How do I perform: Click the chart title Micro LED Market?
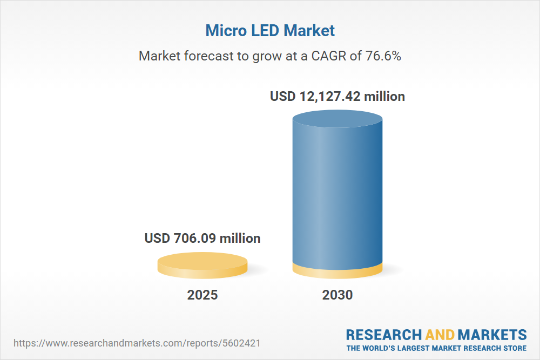click(270, 31)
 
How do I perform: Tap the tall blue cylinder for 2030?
click(337, 194)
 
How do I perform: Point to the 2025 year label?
click(202, 295)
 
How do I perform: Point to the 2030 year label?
click(337, 295)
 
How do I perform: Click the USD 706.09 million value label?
click(202, 238)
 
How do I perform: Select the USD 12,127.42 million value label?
click(337, 97)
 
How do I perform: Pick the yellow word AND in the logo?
click(440, 335)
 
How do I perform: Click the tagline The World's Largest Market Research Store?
click(436, 348)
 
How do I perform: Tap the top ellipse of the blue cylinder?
click(337, 117)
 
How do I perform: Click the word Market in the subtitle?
click(160, 56)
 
